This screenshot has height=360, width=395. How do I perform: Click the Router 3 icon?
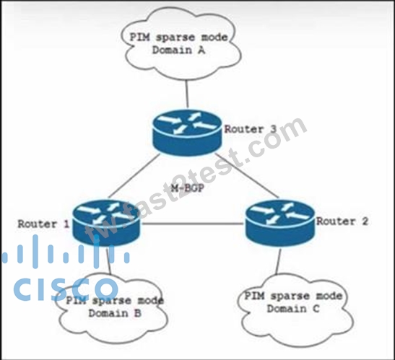click(187, 133)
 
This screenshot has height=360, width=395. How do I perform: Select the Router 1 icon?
click(106, 223)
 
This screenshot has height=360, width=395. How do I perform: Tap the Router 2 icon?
click(280, 223)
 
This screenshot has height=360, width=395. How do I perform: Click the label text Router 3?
click(251, 129)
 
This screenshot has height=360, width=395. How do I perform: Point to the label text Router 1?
click(43, 224)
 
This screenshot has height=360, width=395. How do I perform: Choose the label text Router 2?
click(342, 221)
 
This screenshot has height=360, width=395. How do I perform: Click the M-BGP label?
click(188, 188)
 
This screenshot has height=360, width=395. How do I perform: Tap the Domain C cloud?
click(295, 310)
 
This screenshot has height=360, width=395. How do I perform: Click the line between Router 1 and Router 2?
click(193, 224)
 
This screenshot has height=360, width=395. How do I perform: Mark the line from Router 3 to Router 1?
click(134, 176)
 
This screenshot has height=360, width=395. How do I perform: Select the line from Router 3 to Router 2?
click(247, 176)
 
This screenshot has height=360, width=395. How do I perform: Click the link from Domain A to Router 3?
click(187, 95)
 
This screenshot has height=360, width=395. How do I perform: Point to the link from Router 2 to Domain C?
click(278, 260)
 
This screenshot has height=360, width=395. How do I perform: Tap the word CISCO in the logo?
click(66, 289)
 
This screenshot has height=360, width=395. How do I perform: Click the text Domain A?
click(178, 50)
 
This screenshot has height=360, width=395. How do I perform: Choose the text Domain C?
click(293, 308)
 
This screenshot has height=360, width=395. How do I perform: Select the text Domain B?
click(115, 313)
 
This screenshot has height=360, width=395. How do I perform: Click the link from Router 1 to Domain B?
click(109, 260)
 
